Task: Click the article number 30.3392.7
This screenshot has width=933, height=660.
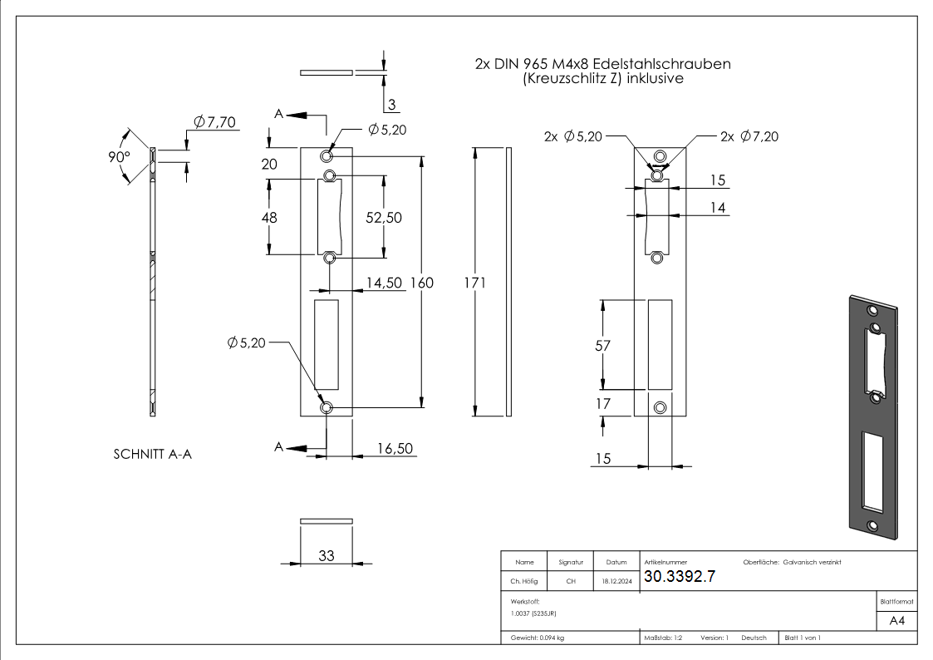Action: coord(680,578)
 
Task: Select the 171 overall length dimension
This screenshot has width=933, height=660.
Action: coord(474,283)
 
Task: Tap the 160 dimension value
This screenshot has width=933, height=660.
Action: coord(422,283)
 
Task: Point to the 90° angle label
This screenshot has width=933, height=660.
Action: coord(119,157)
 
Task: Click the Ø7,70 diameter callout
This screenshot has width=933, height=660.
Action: coord(214,122)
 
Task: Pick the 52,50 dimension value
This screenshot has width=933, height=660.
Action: coord(384,217)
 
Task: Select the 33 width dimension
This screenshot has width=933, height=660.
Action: coord(326,556)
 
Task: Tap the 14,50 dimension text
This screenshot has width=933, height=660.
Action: coord(385,283)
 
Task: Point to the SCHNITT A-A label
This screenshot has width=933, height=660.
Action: coord(152,455)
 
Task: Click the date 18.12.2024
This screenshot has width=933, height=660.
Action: coord(616,582)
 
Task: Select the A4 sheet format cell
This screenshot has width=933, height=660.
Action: coord(896,621)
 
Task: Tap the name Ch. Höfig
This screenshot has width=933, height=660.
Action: coord(523,582)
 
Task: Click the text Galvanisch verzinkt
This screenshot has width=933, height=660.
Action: coord(812,563)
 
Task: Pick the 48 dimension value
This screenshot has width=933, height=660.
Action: coord(268,217)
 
